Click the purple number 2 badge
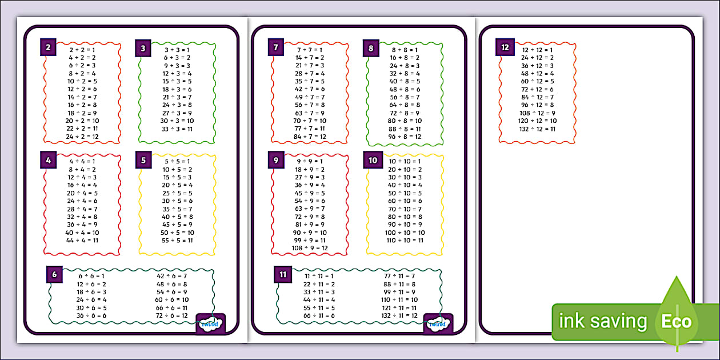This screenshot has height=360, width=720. point(48,47)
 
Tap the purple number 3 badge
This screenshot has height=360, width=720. point(143,48)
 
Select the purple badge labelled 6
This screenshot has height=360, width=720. point(54,274)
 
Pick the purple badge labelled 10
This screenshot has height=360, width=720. point(373,161)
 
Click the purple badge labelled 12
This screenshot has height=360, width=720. point(505,47)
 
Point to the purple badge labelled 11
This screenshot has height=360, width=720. point(283,274)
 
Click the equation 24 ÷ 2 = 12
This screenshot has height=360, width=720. point(82,137)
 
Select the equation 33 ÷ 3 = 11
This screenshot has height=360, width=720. point(177,129)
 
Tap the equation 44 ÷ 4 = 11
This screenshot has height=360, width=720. point(82,241)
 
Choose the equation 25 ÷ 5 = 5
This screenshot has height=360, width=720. point(177,193)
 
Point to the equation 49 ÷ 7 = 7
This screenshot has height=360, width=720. point(309,97)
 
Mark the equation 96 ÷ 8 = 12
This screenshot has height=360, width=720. point(405,137)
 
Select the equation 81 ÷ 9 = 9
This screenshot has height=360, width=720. point(309,225)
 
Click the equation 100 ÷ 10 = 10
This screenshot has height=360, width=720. point(405,233)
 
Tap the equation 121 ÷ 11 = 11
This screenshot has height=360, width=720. point(399,307)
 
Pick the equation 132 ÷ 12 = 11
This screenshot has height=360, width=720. point(537,129)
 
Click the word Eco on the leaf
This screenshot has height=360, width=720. point(677,322)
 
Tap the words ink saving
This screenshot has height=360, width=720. point(603,322)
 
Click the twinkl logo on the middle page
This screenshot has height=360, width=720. point(438,324)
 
